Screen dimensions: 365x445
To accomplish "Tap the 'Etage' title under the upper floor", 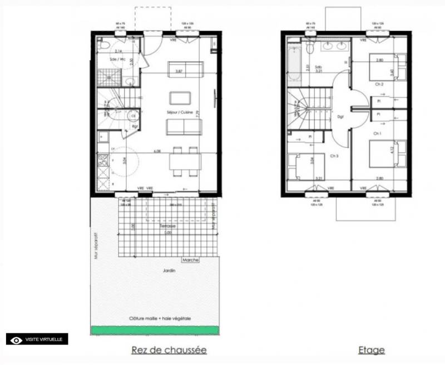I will click(x=372, y=350).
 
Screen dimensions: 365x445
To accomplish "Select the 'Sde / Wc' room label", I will click(x=117, y=59).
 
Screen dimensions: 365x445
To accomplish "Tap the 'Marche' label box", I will click(x=191, y=259).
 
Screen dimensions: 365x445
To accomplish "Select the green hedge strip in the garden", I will click(x=155, y=330).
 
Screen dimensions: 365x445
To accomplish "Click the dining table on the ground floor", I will click(x=185, y=161).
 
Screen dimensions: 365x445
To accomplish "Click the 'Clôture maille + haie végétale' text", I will click(x=160, y=318).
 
